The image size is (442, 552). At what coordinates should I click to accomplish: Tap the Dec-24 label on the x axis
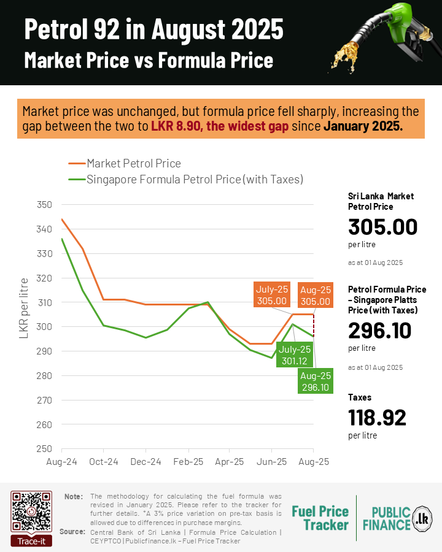[x=147, y=462]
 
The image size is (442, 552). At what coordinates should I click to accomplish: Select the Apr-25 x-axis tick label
[x=230, y=462]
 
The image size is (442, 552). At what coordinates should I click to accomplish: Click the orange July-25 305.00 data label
[x=273, y=295]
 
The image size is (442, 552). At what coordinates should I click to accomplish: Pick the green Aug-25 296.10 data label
[x=316, y=381]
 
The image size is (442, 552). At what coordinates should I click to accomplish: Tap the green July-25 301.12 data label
[x=295, y=356]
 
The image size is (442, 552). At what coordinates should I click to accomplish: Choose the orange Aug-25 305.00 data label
[x=316, y=295]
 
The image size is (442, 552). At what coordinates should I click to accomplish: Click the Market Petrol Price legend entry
[x=134, y=164]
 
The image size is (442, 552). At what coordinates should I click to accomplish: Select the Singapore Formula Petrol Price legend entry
[x=195, y=180]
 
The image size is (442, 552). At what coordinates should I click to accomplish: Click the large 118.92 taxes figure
[x=377, y=418]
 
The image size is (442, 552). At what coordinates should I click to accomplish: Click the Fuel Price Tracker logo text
[x=320, y=518]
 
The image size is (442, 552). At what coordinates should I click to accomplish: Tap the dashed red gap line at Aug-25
[x=314, y=325]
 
